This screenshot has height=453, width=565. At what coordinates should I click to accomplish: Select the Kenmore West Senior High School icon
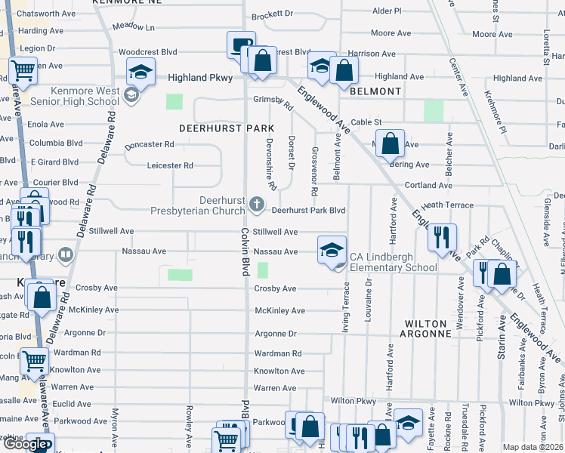pyautogui.click(x=131, y=95)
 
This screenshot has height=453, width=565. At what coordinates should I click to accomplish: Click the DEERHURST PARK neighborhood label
pyautogui.click(x=216, y=128)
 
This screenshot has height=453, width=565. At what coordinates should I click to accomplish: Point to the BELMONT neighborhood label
pyautogui.click(x=375, y=91)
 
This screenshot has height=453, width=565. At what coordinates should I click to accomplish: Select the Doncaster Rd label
pyautogui.click(x=150, y=144)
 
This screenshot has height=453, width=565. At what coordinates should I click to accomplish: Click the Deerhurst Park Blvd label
pyautogui.click(x=308, y=211)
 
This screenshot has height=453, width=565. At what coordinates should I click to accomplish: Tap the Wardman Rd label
pyautogui.click(x=278, y=353)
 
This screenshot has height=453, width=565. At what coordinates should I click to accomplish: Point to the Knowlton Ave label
pyautogui.click(x=279, y=371)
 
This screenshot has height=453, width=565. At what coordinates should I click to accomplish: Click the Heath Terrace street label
pyautogui.click(x=448, y=205)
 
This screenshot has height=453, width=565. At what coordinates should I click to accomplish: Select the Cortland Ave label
pyautogui.click(x=428, y=185)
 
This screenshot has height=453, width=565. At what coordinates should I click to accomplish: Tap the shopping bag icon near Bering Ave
pyautogui.click(x=391, y=144)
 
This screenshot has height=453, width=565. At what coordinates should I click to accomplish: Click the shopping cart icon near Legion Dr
pyautogui.click(x=23, y=71)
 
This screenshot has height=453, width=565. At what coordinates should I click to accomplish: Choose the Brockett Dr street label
pyautogui.click(x=272, y=14)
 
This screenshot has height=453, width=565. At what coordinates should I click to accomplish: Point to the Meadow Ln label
pyautogui.click(x=133, y=27)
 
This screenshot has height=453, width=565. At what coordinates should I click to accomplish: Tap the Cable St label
pyautogui.click(x=367, y=122)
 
